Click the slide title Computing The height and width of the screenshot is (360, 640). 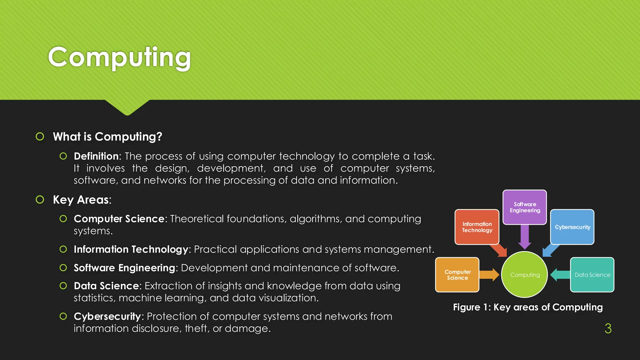pyautogui.click(x=119, y=57)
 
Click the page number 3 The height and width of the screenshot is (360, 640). pyautogui.click(x=608, y=328)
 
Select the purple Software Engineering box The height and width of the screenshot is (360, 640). pyautogui.click(x=525, y=207)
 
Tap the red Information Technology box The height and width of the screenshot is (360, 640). pyautogui.click(x=477, y=227)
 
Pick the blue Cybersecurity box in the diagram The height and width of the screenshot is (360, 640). pyautogui.click(x=572, y=227)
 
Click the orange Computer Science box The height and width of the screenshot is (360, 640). pyautogui.click(x=457, y=275)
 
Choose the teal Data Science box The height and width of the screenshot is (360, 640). pyautogui.click(x=592, y=275)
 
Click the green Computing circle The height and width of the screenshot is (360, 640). pyautogui.click(x=525, y=275)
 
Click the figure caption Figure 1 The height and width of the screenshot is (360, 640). pyautogui.click(x=528, y=307)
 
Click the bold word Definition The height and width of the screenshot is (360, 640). pyautogui.click(x=96, y=156)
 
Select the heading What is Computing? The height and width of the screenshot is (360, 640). pyautogui.click(x=107, y=137)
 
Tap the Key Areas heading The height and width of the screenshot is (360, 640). pyautogui.click(x=82, y=200)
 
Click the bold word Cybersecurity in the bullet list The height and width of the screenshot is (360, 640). pyautogui.click(x=107, y=316)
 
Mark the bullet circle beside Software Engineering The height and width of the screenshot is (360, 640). pyautogui.click(x=63, y=268)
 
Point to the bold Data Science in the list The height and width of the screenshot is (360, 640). pyautogui.click(x=106, y=286)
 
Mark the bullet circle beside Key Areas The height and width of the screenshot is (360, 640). pyautogui.click(x=40, y=199)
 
